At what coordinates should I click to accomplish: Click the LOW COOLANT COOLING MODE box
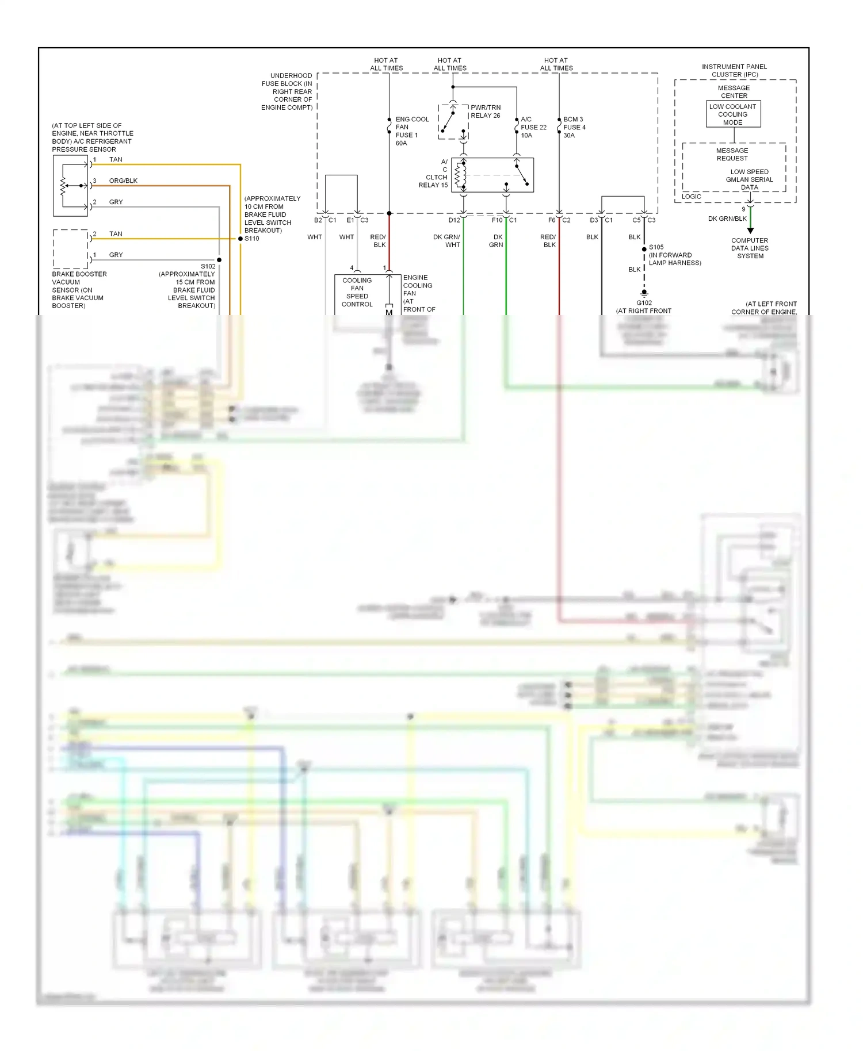pos(733,114)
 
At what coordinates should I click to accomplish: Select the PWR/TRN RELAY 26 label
pos(486,112)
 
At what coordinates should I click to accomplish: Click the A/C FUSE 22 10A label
pos(533,127)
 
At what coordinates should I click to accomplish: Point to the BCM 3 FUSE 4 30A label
pos(574,127)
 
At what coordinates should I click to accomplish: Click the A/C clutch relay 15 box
pos(492,175)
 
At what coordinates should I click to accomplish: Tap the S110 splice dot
pos(240,238)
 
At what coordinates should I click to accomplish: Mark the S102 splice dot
pos(219,260)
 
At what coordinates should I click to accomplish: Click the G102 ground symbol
pos(644,294)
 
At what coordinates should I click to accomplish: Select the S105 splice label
pos(656,247)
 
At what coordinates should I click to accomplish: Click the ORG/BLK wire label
pos(123,181)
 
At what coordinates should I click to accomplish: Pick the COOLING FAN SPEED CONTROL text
pos(357,292)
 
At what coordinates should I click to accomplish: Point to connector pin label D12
pos(454,220)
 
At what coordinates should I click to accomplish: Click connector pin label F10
pos(497,220)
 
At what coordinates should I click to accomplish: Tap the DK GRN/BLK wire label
pos(727,218)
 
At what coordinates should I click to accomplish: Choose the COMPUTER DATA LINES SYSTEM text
pos(750,248)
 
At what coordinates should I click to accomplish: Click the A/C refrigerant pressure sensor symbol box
pos(70,186)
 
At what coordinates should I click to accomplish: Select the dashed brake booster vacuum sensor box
pos(70,249)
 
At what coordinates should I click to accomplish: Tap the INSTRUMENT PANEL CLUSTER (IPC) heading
pos(735,71)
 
